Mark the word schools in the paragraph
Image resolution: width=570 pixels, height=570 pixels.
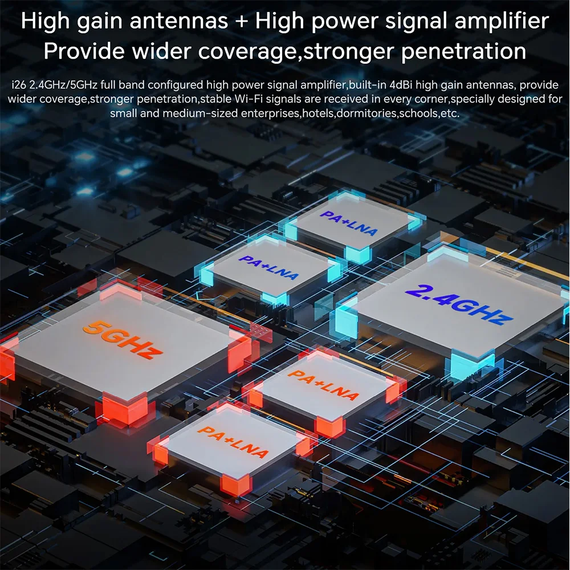[x=418, y=113]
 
